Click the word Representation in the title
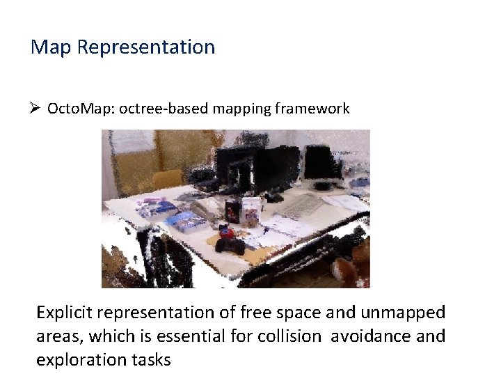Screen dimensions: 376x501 pos(146,47)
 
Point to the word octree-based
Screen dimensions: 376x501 pos(159,109)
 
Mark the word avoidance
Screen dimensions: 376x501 pos(371,336)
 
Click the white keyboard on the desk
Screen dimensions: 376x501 pos(298,204)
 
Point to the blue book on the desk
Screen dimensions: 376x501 pos(185,221)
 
